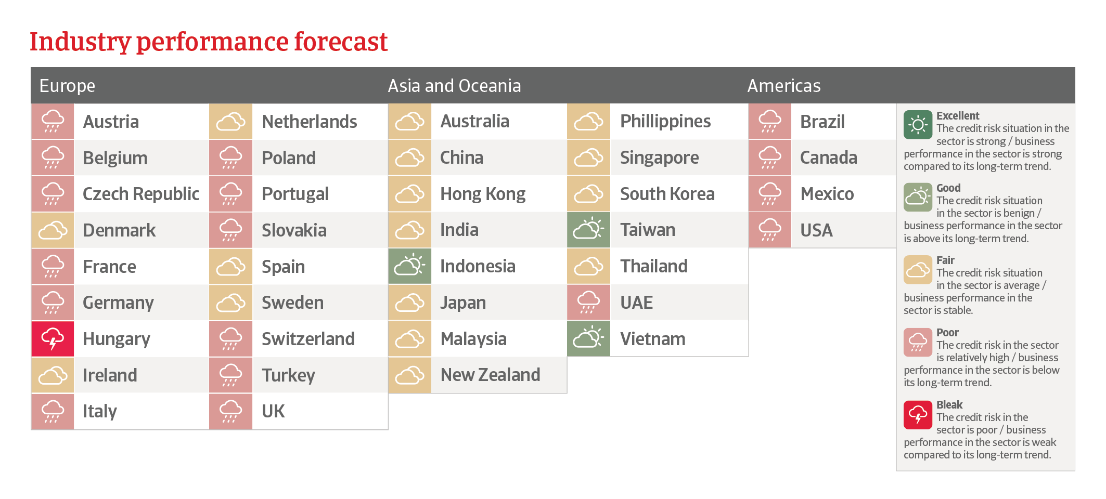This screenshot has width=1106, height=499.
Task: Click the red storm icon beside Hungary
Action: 53,339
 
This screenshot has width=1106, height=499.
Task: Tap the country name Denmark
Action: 119,230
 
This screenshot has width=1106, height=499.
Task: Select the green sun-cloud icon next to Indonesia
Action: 410,266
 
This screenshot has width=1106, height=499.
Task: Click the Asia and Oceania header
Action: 454,86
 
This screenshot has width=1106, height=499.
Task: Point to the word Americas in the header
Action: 784,86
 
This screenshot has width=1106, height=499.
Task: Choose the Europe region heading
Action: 67,86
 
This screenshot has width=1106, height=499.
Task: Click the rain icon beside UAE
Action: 588,303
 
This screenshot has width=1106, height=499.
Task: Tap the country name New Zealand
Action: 491,375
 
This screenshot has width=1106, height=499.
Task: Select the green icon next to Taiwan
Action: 588,230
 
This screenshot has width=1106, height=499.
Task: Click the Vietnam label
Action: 653,339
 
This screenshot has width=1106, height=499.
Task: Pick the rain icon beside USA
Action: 770,230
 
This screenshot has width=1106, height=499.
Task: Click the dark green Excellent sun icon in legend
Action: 918,125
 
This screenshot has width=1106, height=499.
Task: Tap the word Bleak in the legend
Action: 949,404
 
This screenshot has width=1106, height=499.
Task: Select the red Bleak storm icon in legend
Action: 918,415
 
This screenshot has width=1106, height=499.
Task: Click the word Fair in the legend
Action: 945,260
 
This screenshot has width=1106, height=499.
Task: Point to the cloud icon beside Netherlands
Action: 231,122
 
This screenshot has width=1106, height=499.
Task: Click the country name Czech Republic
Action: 141,194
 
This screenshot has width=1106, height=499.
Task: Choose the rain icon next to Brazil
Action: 770,122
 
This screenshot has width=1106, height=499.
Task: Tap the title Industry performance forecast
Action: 209,42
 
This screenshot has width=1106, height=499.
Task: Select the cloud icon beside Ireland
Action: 53,375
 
